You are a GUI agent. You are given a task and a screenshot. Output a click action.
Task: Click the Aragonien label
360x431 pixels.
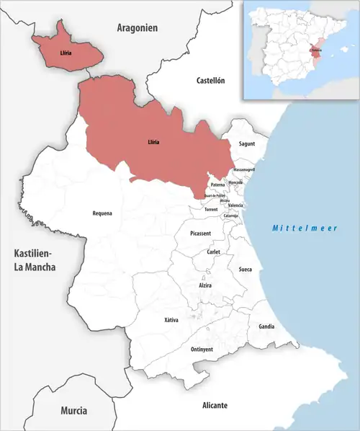(x=137, y=27)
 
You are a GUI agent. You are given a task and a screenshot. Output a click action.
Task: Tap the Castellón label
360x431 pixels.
(x=211, y=81)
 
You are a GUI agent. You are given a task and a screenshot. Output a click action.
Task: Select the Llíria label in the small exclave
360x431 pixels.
(x=66, y=53)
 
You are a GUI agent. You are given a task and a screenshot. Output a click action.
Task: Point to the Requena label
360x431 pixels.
(x=102, y=213)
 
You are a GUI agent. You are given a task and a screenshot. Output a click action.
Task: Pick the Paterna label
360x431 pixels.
(x=218, y=185)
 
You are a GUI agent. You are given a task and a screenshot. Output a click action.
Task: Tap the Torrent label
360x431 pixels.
(x=211, y=209)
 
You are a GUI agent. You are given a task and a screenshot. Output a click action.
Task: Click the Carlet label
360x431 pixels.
(x=213, y=252)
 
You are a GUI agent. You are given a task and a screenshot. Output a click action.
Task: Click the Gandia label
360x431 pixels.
(x=266, y=326)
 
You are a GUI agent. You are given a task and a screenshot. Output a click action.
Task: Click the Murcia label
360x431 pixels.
(x=73, y=410)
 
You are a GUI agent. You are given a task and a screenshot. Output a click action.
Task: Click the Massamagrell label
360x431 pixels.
(x=244, y=169)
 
